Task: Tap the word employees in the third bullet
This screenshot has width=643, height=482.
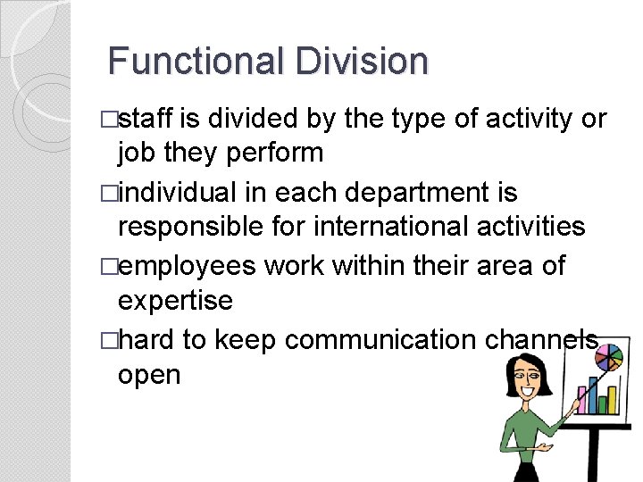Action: click(187, 266)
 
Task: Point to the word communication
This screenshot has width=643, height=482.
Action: click(379, 340)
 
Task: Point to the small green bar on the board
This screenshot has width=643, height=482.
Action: click(602, 404)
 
